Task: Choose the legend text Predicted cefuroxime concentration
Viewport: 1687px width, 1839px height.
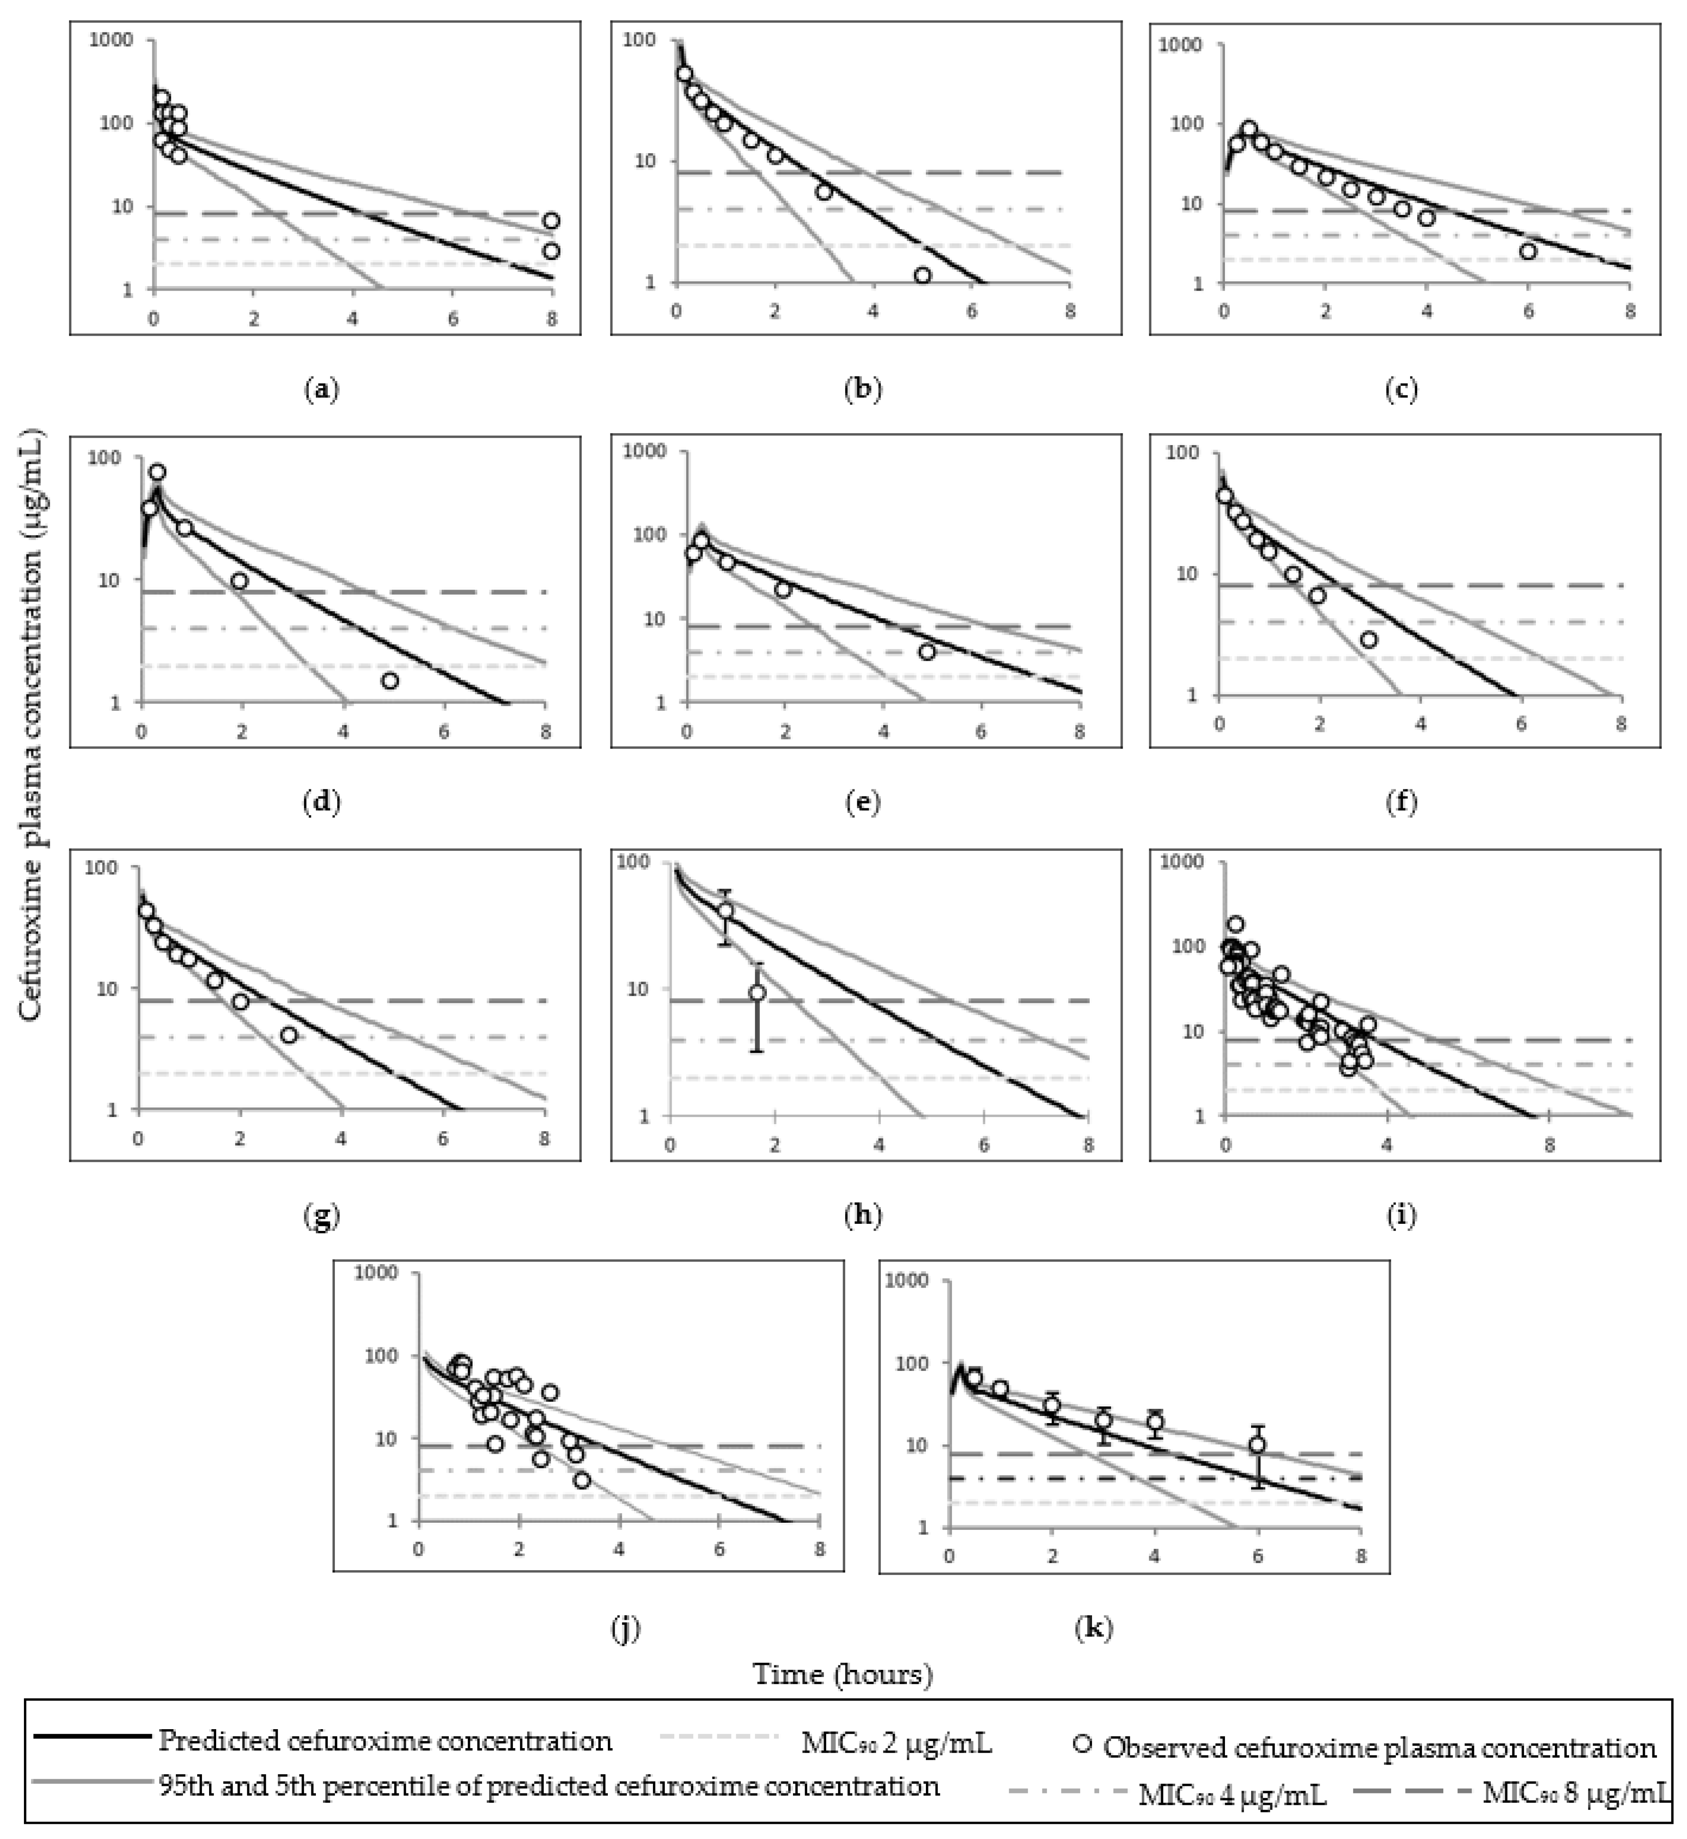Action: pos(385,1740)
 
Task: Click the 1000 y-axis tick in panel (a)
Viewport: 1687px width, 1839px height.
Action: pos(113,40)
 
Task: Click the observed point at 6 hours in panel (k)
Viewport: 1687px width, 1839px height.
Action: pos(1257,1445)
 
